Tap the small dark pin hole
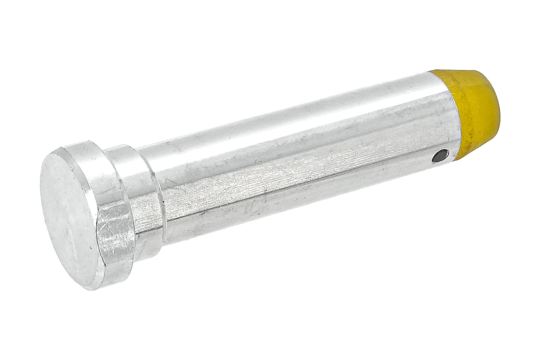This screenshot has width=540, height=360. click(440, 157)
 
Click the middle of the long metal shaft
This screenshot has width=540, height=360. click(295, 165)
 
